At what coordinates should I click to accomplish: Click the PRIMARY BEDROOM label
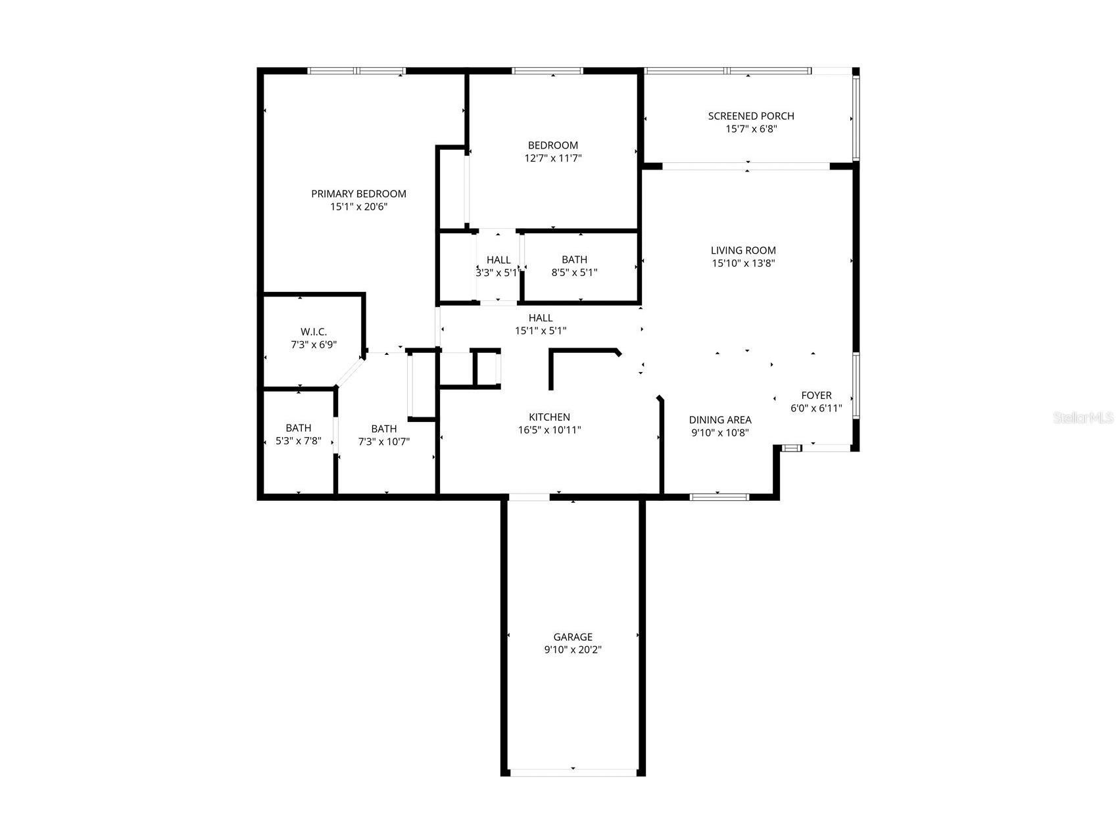tap(358, 194)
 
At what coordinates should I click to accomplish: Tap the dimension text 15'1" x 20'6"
tap(358, 207)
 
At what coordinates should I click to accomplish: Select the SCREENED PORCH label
tap(751, 116)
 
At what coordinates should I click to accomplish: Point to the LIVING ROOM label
tap(743, 250)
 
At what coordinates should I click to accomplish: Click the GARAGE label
tap(573, 637)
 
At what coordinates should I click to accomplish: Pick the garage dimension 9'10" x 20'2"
tap(573, 650)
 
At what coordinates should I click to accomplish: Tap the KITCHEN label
tap(549, 417)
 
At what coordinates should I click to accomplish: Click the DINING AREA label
tap(720, 420)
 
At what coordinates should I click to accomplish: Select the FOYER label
tap(816, 396)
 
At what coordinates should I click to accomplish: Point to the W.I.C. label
tap(314, 332)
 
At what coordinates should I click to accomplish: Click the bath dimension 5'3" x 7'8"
tap(299, 441)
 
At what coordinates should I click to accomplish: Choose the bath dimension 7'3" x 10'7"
tap(384, 442)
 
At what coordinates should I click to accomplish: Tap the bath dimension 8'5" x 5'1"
tap(574, 272)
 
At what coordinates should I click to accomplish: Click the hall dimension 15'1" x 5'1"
tap(541, 331)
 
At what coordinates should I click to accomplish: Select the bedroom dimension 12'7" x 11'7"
tap(553, 158)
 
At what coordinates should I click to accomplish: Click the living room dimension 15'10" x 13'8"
tap(743, 264)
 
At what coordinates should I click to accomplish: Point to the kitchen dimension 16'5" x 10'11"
tap(549, 430)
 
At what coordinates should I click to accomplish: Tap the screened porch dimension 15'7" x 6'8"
tap(751, 129)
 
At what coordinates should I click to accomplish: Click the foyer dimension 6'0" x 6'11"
tap(816, 408)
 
